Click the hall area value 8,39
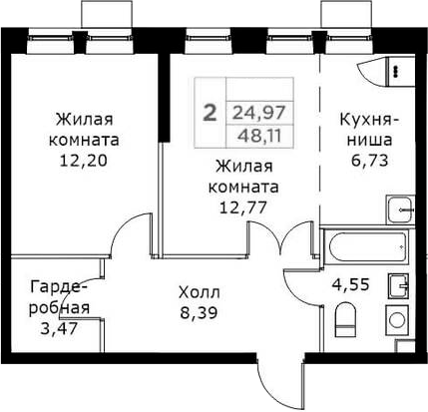point(200,313)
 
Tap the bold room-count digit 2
point(210,112)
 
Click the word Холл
point(200,293)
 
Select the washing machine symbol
point(396,320)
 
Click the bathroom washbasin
point(399,285)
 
